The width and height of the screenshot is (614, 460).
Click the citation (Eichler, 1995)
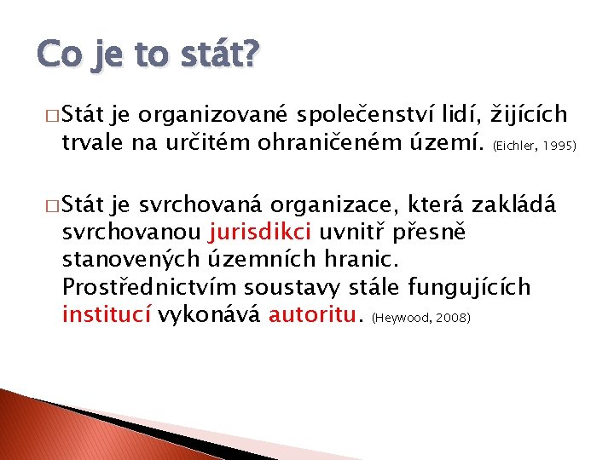click(535, 145)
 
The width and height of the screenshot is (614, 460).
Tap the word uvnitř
click(356, 232)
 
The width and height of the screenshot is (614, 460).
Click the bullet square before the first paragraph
click(43, 116)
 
